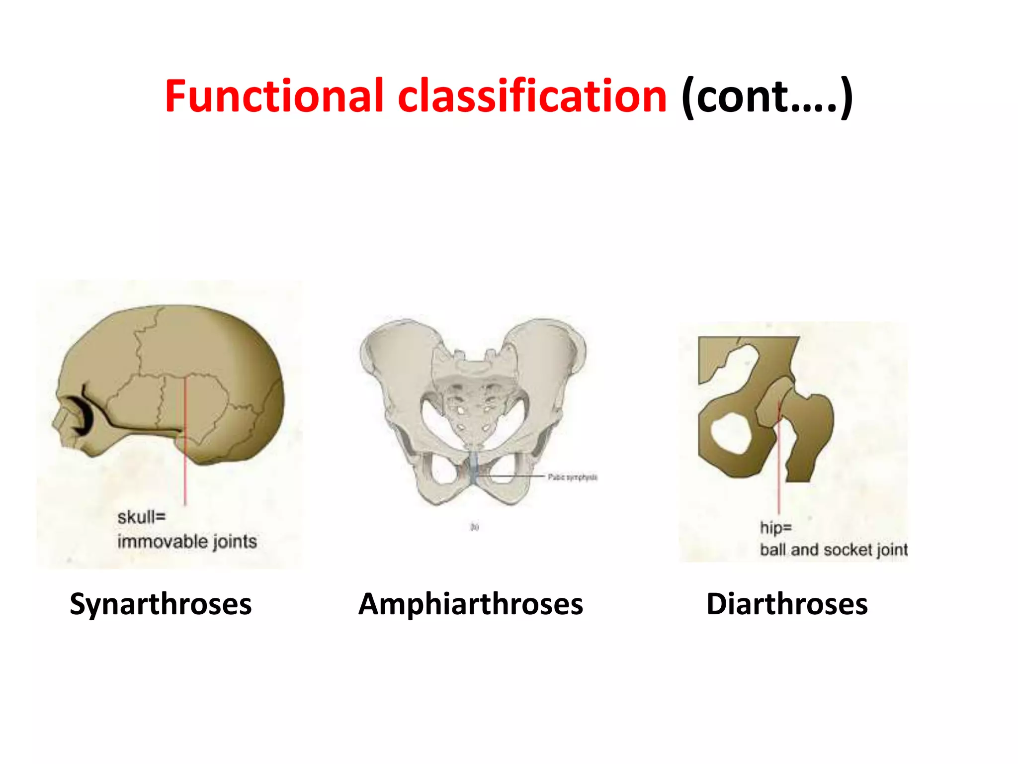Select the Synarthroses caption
click(x=161, y=604)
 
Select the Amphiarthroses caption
click(x=470, y=604)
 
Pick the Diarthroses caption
click(x=787, y=604)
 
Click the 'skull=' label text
click(x=141, y=517)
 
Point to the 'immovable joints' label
click(x=187, y=541)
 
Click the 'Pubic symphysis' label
click(x=573, y=477)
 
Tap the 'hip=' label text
click(x=775, y=527)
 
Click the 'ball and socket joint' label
click(x=834, y=550)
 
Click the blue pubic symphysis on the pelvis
click(x=474, y=468)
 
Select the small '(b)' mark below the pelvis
click(x=475, y=527)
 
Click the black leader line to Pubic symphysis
click(x=517, y=477)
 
